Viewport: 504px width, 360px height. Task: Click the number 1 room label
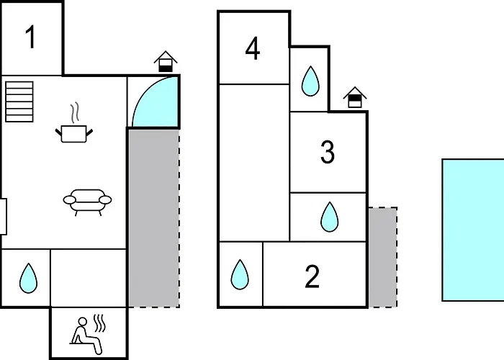pyautogui.click(x=30, y=37)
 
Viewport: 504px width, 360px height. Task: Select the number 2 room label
pyautogui.click(x=312, y=276)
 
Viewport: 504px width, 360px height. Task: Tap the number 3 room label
pyautogui.click(x=328, y=152)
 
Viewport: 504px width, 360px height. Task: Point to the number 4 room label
pyautogui.click(x=253, y=48)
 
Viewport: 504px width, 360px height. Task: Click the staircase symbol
pyautogui.click(x=19, y=102)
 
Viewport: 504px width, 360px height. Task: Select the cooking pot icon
pyautogui.click(x=74, y=134)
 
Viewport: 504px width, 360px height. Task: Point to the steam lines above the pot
pyautogui.click(x=75, y=112)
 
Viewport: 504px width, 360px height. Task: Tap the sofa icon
pyautogui.click(x=87, y=202)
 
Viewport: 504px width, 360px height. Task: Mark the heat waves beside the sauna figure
pyautogui.click(x=99, y=323)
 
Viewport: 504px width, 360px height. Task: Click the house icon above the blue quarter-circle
pyautogui.click(x=166, y=61)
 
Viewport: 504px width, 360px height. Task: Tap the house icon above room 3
pyautogui.click(x=355, y=97)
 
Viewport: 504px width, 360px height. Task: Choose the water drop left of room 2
pyautogui.click(x=240, y=274)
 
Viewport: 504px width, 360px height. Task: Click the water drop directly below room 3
pyautogui.click(x=330, y=217)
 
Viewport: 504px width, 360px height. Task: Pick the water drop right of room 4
pyautogui.click(x=310, y=81)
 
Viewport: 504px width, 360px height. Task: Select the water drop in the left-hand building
pyautogui.click(x=28, y=278)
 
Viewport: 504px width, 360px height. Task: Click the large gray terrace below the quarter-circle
pyautogui.click(x=154, y=218)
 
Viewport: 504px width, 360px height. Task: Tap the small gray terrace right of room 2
pyautogui.click(x=382, y=257)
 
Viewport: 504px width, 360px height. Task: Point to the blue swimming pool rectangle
pyautogui.click(x=473, y=230)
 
